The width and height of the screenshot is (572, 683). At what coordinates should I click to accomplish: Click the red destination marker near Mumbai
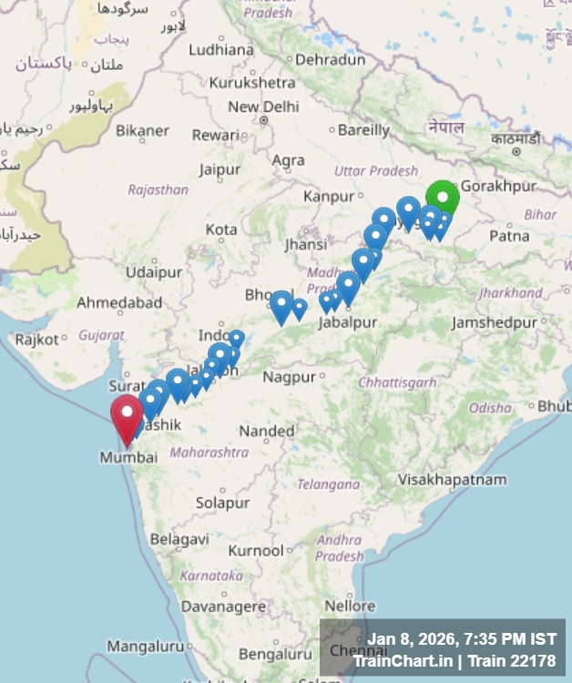[127, 415]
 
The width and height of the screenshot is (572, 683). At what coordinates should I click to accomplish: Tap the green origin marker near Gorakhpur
[443, 198]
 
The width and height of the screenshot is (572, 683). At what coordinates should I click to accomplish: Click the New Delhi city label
[263, 107]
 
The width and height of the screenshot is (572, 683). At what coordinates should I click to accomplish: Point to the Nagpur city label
[290, 377]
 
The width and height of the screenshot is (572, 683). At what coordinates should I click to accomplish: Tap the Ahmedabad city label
[119, 302]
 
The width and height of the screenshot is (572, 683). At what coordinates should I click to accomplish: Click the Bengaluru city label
[275, 654]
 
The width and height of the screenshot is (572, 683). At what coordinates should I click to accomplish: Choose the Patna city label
[509, 236]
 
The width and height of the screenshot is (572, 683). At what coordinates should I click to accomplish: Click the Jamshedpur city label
[495, 323]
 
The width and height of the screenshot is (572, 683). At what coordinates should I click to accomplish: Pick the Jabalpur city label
[348, 323]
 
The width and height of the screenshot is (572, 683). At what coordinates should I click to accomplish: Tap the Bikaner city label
[142, 130]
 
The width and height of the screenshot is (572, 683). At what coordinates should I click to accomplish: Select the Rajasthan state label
[158, 189]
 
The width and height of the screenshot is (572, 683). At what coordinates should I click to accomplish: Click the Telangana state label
[329, 484]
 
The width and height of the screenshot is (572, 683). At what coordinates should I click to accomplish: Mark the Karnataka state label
[211, 576]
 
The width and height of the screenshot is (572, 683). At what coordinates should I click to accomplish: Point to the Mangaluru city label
[146, 647]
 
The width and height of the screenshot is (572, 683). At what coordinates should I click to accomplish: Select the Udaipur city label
[154, 271]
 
